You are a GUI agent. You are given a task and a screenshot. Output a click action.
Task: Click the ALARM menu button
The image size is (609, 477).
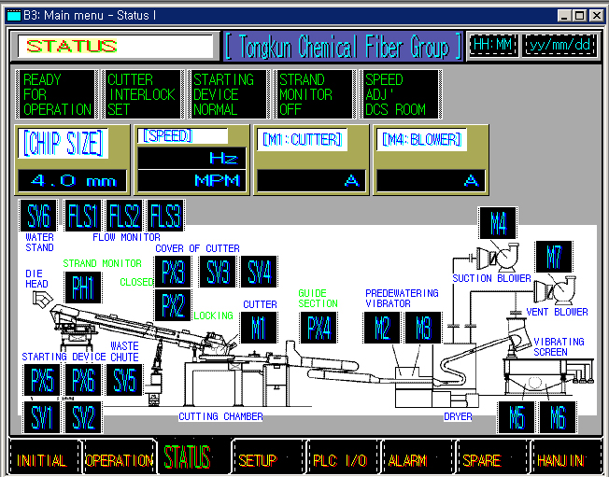click(x=407, y=459)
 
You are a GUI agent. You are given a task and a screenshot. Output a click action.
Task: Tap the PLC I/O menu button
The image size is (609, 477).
click(x=338, y=459)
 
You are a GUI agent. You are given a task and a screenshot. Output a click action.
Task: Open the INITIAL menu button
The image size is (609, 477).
click(x=42, y=459)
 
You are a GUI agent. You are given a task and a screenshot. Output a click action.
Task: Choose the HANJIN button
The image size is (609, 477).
click(x=560, y=459)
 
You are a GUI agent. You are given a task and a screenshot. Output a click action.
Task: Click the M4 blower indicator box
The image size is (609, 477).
click(x=498, y=223)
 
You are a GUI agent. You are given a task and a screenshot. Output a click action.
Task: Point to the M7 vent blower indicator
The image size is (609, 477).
click(x=554, y=257)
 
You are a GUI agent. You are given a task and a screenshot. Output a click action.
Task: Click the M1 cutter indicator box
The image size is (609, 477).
click(x=259, y=328)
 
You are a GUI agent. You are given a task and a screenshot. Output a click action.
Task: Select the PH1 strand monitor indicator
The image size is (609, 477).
click(x=82, y=287)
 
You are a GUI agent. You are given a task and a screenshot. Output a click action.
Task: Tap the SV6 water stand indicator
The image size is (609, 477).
click(x=39, y=217)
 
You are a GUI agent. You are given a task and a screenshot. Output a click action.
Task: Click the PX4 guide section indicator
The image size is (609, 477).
click(x=318, y=328)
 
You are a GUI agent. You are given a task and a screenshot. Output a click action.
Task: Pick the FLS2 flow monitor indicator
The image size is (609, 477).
click(x=124, y=217)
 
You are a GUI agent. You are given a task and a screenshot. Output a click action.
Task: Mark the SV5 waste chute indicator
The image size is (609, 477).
click(x=123, y=380)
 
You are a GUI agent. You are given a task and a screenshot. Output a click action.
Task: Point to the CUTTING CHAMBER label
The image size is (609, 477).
click(x=221, y=416)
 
